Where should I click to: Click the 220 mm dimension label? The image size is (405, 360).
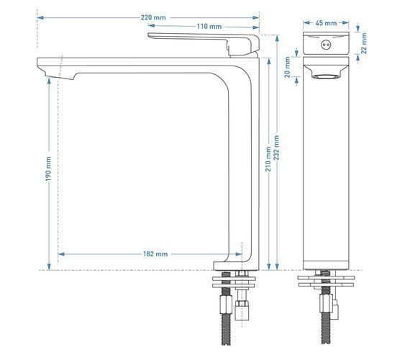[153, 17]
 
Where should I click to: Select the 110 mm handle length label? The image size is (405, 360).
[209, 27]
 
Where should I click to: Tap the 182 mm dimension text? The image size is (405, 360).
[155, 254]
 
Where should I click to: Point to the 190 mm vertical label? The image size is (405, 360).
[48, 168]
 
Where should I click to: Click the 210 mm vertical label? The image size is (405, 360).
[268, 159]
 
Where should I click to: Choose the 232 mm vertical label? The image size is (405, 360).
[277, 148]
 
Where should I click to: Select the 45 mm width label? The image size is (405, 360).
[326, 23]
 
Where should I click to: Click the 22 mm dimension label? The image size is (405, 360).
[364, 43]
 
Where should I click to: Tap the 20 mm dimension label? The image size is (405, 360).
[288, 67]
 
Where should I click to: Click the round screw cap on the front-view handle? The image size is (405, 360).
[325, 45]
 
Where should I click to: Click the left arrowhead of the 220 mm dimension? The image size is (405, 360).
[40, 17]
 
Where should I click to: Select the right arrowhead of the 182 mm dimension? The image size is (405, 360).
[238, 254]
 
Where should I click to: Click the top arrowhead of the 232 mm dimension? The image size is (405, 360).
[277, 38]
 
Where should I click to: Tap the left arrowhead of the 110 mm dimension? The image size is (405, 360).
[151, 26]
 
